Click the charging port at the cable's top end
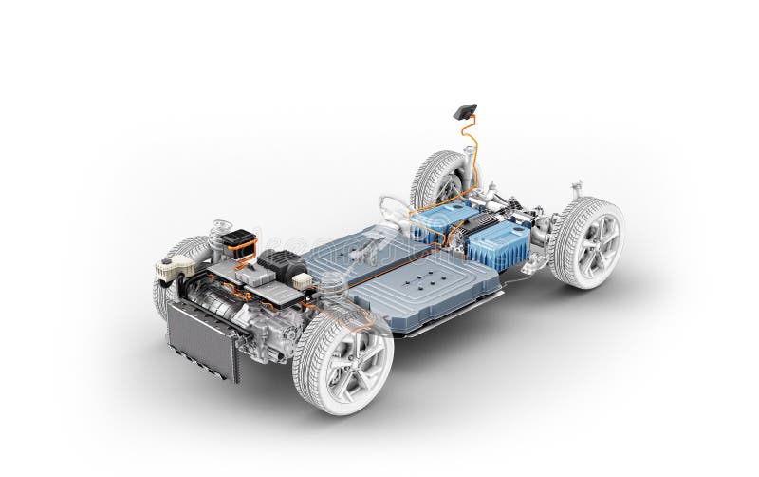click(465, 111)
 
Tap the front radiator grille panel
click(202, 339)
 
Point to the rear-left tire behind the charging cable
click(436, 181)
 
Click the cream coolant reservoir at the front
click(175, 267)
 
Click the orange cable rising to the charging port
click(470, 152)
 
